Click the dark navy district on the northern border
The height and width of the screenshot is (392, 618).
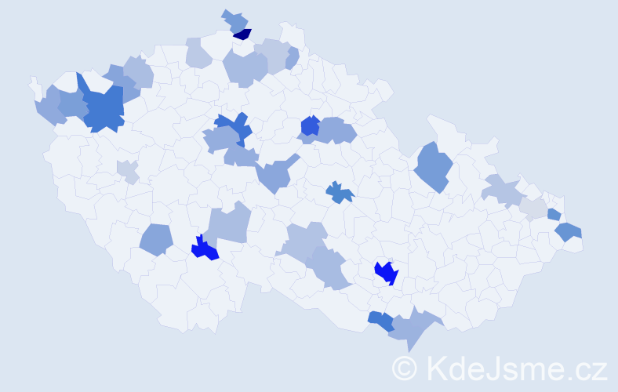tap(242, 34)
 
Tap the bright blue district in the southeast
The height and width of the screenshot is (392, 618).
tap(386, 272)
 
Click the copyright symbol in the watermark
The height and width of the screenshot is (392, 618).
tap(405, 368)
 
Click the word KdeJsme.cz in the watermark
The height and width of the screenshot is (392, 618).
tap(514, 368)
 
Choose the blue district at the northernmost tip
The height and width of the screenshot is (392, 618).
tap(234, 20)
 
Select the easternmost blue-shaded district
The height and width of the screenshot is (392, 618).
tap(568, 231)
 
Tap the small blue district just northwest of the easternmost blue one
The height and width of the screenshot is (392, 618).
tap(554, 214)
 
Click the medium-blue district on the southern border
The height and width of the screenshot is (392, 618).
tap(380, 320)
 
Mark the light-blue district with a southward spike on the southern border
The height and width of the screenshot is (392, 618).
tap(412, 327)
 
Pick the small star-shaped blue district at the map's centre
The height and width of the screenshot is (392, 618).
tap(339, 191)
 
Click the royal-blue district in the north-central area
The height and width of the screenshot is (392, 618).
tap(310, 125)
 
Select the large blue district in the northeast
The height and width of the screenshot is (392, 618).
tap(433, 166)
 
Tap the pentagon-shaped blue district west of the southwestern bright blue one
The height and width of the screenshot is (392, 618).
tap(156, 239)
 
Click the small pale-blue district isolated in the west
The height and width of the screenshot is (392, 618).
tap(127, 170)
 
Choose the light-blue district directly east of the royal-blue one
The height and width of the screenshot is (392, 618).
tap(336, 130)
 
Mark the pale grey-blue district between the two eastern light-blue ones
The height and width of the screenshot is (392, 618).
tap(533, 208)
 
